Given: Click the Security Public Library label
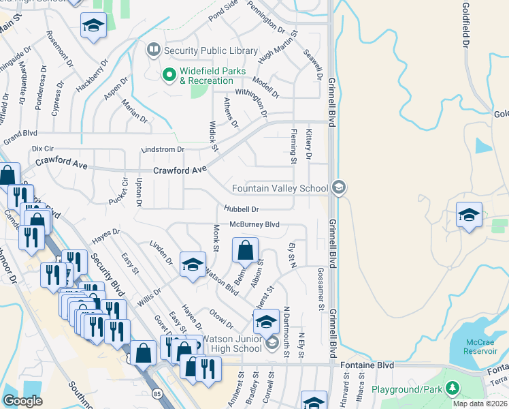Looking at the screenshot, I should pyautogui.click(x=210, y=50).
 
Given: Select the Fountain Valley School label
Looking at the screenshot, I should pyautogui.click(x=280, y=189).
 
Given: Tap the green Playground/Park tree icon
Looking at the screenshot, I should pyautogui.click(x=451, y=389).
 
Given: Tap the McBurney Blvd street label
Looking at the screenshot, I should pyautogui.click(x=255, y=224).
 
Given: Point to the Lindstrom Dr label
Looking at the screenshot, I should pyautogui.click(x=163, y=149).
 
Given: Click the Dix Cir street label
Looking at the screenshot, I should pyautogui.click(x=42, y=148).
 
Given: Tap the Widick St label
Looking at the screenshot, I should pyautogui.click(x=214, y=136).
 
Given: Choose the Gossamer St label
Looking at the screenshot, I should pyautogui.click(x=320, y=287).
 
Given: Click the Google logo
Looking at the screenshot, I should pyautogui.click(x=23, y=401).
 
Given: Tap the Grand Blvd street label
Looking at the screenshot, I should pyautogui.click(x=19, y=134).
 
